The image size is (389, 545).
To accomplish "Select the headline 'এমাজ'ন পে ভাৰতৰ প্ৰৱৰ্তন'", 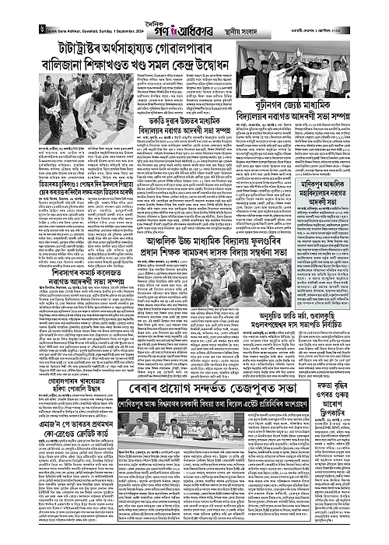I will click(x=58, y=431).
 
